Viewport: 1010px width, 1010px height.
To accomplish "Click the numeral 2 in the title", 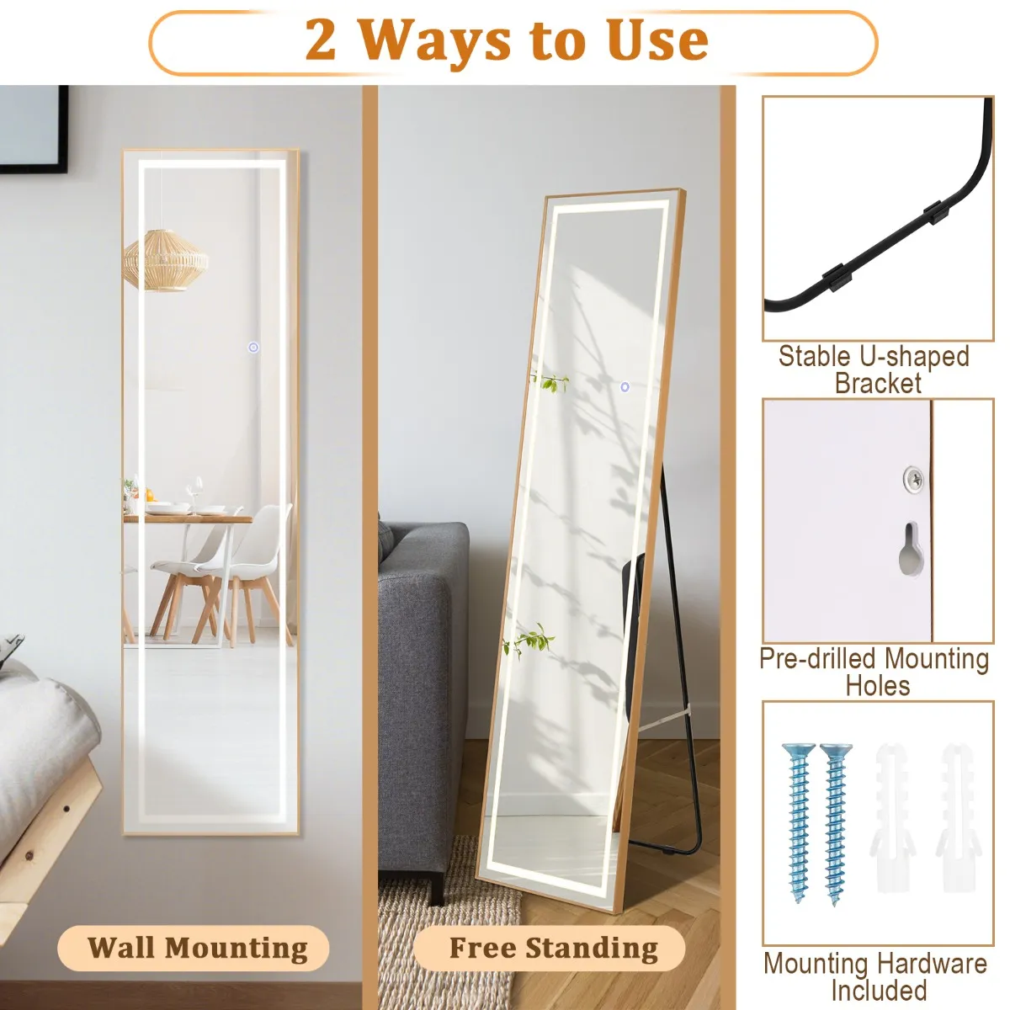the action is tap(320, 40).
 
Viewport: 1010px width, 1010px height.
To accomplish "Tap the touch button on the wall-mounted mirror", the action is tap(253, 348).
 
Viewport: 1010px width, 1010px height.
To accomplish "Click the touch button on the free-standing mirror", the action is tap(625, 387).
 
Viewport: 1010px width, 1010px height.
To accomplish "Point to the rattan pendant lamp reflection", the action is tap(166, 260).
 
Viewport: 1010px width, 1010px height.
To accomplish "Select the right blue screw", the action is tap(836, 825).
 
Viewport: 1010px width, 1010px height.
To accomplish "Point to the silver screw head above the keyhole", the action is tap(913, 477).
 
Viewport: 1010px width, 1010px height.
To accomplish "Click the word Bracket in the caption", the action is tap(878, 383).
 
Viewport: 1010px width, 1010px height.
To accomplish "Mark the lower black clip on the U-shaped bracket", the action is tap(837, 277).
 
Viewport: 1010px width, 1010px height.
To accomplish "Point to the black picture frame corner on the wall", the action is tap(62, 167).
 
